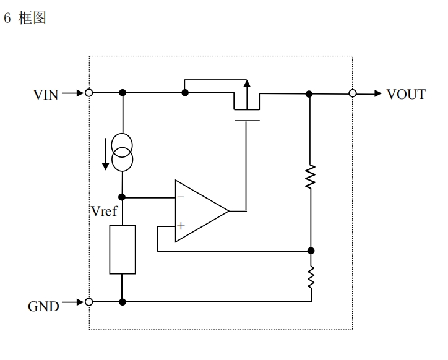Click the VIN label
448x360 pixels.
click(46, 95)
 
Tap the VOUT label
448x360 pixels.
click(406, 94)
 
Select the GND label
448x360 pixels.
click(43, 307)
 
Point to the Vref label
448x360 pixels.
click(104, 211)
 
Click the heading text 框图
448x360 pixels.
click(32, 18)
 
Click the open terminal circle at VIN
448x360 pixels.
click(89, 93)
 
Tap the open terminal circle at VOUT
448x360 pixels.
click(353, 93)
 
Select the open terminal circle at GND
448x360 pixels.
click(89, 302)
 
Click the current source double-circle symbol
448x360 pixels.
click(122, 152)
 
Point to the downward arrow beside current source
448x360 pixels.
click(105, 154)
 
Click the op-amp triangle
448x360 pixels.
click(202, 211)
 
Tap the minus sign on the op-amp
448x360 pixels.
click(181, 197)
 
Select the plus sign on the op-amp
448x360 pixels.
click(181, 226)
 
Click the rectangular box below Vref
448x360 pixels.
click(123, 250)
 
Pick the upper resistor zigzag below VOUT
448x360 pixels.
click(310, 176)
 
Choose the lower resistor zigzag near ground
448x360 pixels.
click(311, 277)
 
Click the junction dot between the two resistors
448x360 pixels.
click(311, 251)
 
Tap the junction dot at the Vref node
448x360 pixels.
click(122, 197)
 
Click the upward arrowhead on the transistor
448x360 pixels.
click(247, 83)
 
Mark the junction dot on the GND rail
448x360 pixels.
click(123, 302)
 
